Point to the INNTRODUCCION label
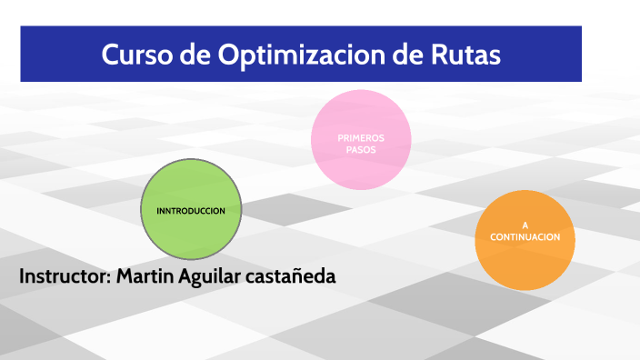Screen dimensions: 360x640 click(x=191, y=210)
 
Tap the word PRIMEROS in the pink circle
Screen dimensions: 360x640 click(x=361, y=138)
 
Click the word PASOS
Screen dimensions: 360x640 click(x=361, y=150)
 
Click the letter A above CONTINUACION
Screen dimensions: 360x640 click(x=525, y=225)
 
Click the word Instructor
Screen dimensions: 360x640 click(x=64, y=275)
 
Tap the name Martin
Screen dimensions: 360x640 click(x=147, y=275)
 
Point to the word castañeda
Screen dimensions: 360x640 click(x=290, y=275)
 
